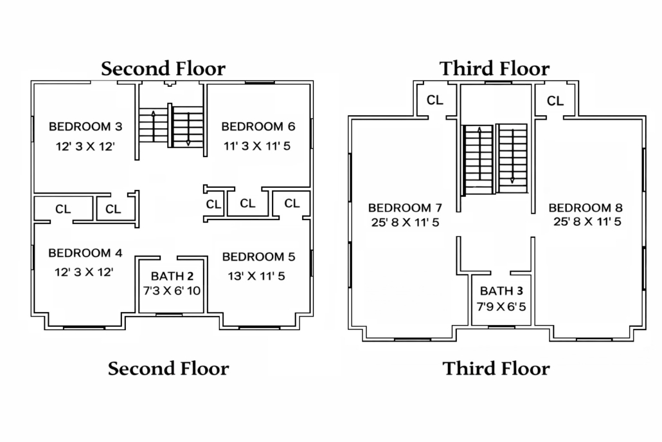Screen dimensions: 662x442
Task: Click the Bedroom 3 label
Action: click(85, 126)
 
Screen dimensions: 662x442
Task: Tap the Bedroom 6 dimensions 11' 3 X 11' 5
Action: click(256, 146)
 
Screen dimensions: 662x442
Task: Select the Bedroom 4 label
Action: click(85, 253)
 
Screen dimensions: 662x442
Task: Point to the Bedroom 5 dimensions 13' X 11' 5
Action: click(256, 277)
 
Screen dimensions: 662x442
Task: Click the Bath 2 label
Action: click(172, 277)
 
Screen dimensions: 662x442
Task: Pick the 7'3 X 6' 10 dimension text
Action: click(172, 291)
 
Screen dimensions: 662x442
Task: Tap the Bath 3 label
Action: click(501, 291)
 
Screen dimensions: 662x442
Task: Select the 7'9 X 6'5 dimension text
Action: click(501, 307)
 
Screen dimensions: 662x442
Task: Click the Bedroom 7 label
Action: click(405, 208)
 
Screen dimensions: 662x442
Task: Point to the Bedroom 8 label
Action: click(586, 208)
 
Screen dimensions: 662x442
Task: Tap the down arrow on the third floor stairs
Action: click(512, 156)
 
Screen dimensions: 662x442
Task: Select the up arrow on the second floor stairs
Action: click(153, 126)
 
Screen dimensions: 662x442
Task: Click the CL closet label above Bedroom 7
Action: click(435, 100)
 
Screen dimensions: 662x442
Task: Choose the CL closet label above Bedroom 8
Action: click(555, 101)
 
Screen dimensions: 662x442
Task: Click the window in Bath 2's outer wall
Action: click(169, 315)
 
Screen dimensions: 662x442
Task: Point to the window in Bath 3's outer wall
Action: click(501, 327)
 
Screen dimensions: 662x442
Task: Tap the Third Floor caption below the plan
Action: click(496, 369)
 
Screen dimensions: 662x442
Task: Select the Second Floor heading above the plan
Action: click(163, 68)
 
